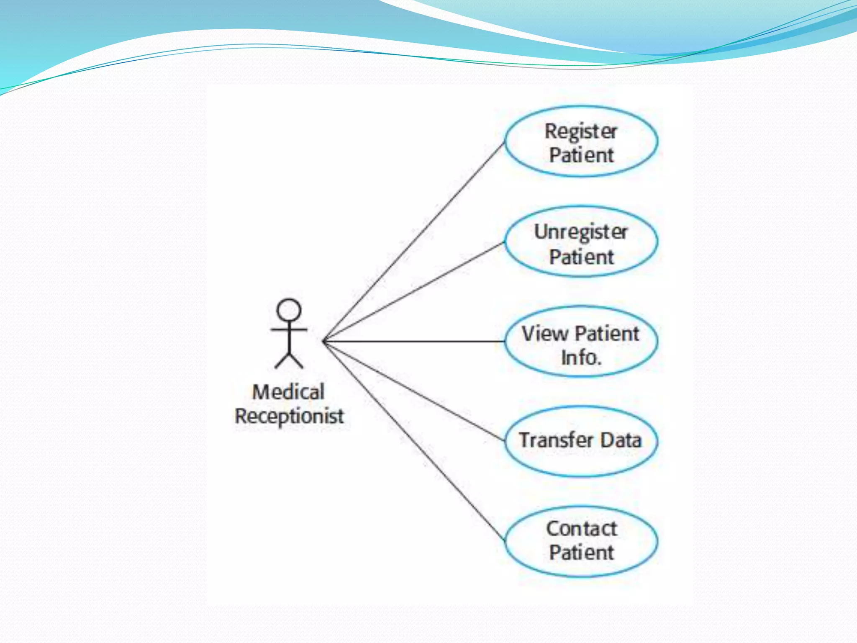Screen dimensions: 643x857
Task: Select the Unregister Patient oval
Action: [581, 242]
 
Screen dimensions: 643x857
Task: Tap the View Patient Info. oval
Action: [581, 342]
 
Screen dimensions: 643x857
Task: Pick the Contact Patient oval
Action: [581, 541]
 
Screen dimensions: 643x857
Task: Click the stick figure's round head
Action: [289, 310]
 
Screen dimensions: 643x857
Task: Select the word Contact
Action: [581, 529]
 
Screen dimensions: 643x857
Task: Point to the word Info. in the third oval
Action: [581, 358]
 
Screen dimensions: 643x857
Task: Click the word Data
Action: [621, 440]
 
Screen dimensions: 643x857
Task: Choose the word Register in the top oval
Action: [581, 132]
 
